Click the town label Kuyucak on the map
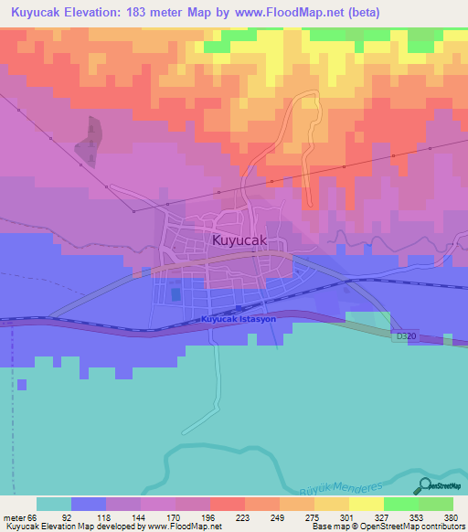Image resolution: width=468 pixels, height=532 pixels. pyautogui.click(x=241, y=240)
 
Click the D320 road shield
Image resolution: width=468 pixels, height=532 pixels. pyautogui.click(x=404, y=337)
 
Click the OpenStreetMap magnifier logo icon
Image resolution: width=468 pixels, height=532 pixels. pyautogui.click(x=423, y=485)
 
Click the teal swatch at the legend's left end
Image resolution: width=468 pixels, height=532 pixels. pyautogui.click(x=54, y=504)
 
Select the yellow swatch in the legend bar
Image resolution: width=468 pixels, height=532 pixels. pyautogui.click(x=367, y=504)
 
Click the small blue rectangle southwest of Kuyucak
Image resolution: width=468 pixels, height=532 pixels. pyautogui.click(x=175, y=295)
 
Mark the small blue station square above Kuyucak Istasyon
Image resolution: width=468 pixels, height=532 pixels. pyautogui.click(x=239, y=309)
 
